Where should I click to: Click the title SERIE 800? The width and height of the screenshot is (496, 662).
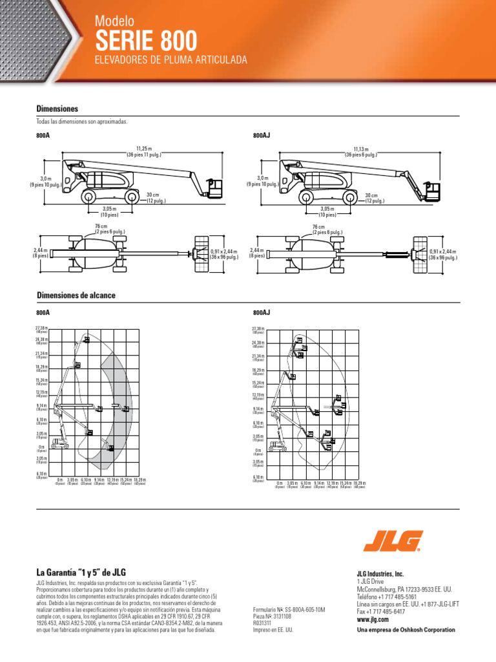(146, 41)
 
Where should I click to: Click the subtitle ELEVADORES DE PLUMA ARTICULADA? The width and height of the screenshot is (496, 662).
(171, 60)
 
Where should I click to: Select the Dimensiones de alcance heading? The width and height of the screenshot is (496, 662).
(76, 295)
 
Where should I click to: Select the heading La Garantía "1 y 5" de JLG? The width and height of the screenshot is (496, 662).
(81, 572)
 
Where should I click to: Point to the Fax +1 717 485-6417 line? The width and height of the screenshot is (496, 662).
(381, 612)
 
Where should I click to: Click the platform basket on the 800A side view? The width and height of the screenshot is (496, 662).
(214, 188)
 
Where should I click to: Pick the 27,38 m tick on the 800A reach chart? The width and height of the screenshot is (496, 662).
(41, 330)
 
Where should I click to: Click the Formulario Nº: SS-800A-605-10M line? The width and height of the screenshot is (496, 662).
(289, 610)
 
